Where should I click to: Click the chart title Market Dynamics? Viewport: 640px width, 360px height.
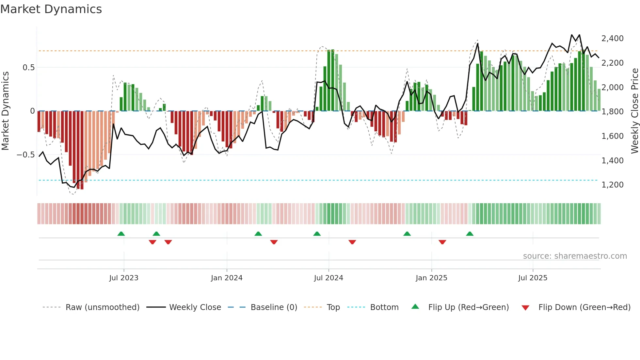[51, 9]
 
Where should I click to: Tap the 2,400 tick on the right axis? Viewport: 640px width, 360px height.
[612, 39]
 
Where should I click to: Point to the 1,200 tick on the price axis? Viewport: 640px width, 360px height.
[612, 185]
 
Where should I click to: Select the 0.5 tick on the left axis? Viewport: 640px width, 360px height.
[28, 68]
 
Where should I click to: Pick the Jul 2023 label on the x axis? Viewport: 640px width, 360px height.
[124, 278]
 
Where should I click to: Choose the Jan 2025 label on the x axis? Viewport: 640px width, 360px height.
[431, 278]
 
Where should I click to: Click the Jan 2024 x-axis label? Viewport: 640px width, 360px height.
[227, 278]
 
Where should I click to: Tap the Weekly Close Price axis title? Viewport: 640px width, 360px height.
[634, 111]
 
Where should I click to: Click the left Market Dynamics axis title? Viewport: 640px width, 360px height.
[5, 111]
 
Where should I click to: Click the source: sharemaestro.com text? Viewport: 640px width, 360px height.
[575, 256]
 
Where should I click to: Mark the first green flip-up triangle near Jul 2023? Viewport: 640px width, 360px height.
[121, 234]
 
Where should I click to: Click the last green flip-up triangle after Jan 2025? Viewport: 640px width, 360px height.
[470, 234]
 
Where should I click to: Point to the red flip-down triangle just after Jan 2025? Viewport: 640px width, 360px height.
[442, 242]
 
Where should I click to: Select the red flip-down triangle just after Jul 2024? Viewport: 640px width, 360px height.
[352, 242]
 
